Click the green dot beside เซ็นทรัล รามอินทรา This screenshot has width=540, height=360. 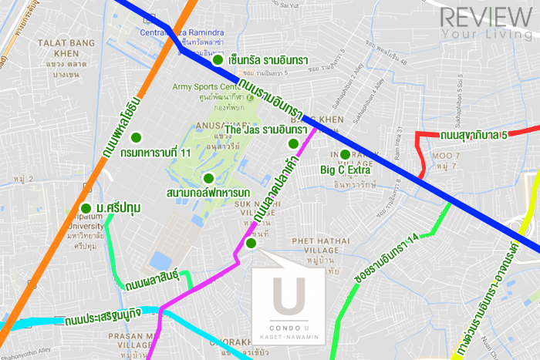[218, 59]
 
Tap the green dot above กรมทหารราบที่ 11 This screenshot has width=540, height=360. [136, 137]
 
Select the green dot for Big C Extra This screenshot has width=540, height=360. [344, 154]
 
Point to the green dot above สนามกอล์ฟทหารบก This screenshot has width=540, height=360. [208, 177]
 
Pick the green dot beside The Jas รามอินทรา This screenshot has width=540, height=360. [292, 143]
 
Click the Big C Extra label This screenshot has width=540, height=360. [345, 170]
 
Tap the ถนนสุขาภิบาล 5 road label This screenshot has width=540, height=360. [473, 136]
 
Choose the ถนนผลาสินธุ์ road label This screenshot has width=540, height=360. [151, 274]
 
